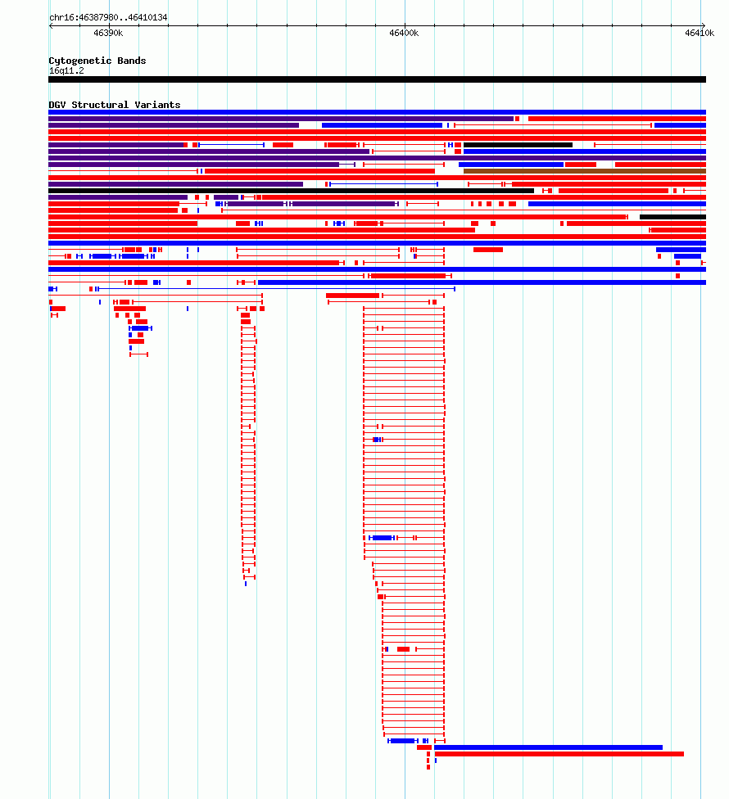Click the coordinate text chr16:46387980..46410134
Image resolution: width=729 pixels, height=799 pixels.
coord(108,17)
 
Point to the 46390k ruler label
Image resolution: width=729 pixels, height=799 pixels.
coord(108,33)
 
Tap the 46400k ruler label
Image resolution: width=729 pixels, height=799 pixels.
coord(404,33)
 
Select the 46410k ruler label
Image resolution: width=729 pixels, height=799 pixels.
coord(700,33)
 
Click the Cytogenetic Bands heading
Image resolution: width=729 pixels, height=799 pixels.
coord(97,61)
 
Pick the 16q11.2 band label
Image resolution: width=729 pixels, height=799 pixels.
coord(66,71)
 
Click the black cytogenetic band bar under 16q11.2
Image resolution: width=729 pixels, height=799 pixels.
coord(378,79)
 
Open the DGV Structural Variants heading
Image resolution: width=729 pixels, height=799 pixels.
coord(114,105)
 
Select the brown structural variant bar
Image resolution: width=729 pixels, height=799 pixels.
coord(585,171)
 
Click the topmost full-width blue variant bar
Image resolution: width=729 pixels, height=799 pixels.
coord(378,112)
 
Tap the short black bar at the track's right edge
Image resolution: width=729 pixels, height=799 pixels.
coord(673,217)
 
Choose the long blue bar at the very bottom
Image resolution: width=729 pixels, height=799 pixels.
coord(548,747)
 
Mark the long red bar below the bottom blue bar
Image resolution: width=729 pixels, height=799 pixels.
coord(559,754)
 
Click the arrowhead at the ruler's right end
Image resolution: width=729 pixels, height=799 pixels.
coord(704,25)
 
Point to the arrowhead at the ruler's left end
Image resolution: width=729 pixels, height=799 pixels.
coord(51,25)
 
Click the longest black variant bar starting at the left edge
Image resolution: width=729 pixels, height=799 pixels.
coord(291,191)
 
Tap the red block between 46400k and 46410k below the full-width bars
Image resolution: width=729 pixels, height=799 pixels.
coord(488,250)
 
